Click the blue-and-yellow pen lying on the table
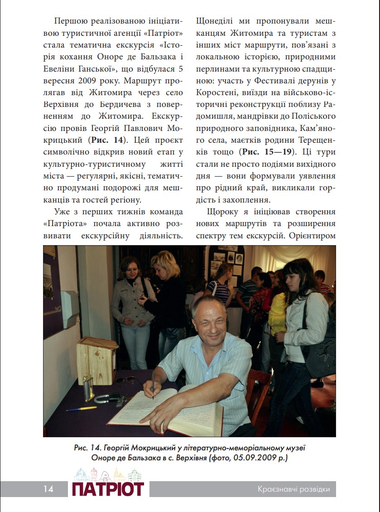pyautogui.click(x=82, y=408)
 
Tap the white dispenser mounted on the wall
pyautogui.click(x=70, y=309)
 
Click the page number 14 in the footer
pyautogui.click(x=48, y=489)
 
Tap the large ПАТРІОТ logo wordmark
pyautogui.click(x=108, y=489)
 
